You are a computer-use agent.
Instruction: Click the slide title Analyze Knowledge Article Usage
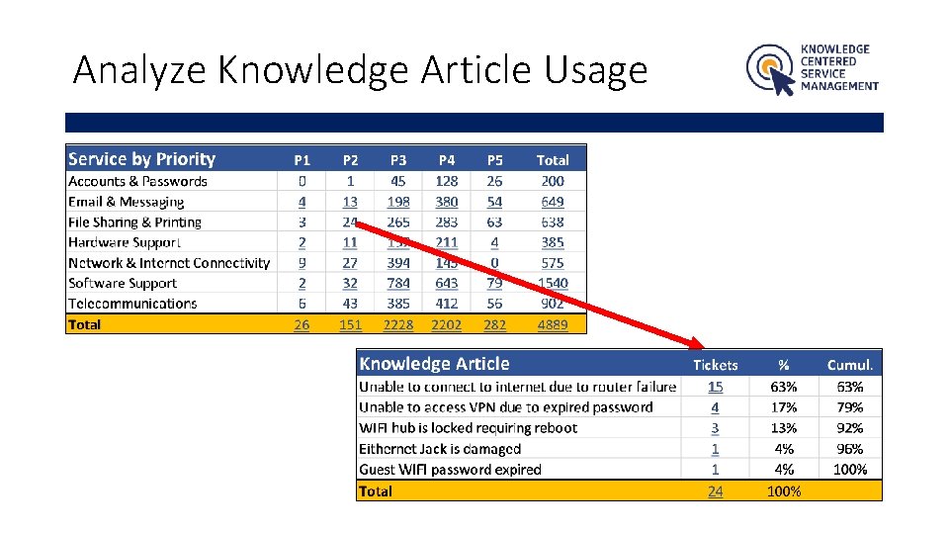pos(360,71)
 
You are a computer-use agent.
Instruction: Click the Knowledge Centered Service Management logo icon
pos(770,69)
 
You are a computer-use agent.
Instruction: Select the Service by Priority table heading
pos(141,159)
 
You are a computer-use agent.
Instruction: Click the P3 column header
pos(398,160)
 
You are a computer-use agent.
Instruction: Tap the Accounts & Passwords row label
pos(137,181)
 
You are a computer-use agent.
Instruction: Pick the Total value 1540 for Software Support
pos(553,283)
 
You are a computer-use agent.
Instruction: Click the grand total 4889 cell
pos(553,324)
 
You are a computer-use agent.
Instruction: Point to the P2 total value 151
pos(350,324)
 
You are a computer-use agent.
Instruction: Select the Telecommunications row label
pos(132,304)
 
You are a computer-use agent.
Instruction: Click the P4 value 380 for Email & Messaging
pos(447,202)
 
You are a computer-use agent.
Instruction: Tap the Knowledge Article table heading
pos(434,364)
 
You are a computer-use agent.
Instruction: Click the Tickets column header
pos(715,365)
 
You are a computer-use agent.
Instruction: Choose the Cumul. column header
pos(850,365)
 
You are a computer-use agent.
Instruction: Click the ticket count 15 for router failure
pos(715,387)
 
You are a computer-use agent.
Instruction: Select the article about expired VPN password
pos(505,407)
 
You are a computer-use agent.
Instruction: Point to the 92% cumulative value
pos(849,428)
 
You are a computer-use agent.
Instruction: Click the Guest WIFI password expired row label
pos(450,470)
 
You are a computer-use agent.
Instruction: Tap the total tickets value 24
pos(715,490)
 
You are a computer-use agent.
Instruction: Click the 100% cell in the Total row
pos(784,490)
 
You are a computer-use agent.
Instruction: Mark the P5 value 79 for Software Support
pos(494,283)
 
